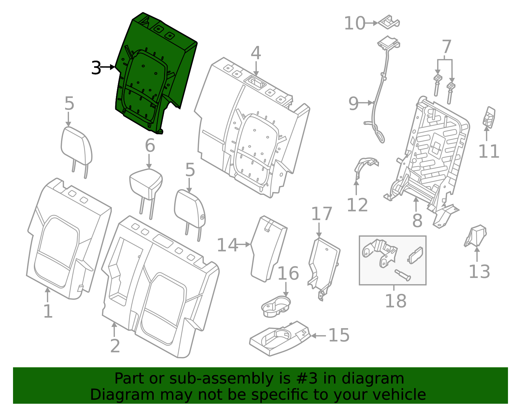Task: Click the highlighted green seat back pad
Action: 153,72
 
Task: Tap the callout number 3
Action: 96,68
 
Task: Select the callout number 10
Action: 354,23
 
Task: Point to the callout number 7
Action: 446,47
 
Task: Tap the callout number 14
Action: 227,245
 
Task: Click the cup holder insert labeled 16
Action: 275,306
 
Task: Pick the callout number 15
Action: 339,335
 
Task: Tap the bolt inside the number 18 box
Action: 402,275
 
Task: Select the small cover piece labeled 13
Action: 476,236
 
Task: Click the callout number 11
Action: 488,152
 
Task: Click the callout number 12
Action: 357,205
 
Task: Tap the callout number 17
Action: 321,214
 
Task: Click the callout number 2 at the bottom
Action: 115,346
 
